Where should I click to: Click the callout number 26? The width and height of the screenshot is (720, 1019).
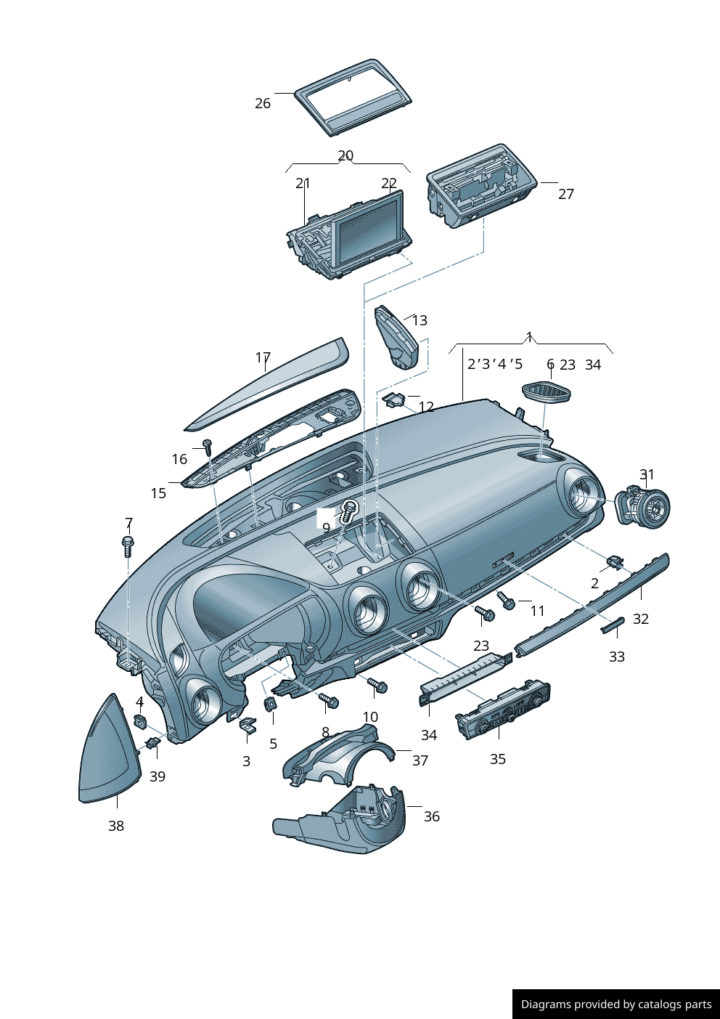(263, 103)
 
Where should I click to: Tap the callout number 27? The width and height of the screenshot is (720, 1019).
(566, 194)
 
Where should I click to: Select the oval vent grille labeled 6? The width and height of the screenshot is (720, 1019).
(547, 393)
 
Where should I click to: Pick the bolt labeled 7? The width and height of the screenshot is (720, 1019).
(128, 546)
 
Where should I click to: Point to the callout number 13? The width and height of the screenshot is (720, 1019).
(420, 320)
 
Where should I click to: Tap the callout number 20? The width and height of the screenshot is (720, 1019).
(345, 155)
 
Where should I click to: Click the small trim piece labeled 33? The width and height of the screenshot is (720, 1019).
(613, 625)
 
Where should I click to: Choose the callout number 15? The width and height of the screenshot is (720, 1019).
(158, 493)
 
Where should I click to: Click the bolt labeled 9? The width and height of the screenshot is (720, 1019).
(348, 509)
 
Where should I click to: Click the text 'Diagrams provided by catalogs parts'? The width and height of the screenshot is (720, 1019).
(616, 1004)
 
